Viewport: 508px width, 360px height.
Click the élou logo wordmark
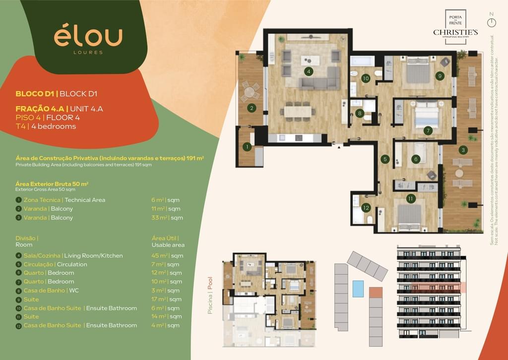pyautogui.click(x=88, y=37)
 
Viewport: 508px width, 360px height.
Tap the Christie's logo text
pyautogui.click(x=455, y=32)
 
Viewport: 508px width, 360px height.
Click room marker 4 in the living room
pyautogui.click(x=309, y=72)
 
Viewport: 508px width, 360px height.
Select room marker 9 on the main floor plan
pyautogui.click(x=440, y=76)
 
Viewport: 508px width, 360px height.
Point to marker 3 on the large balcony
pyautogui.click(x=463, y=149)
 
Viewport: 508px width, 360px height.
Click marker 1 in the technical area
pyautogui.click(x=247, y=147)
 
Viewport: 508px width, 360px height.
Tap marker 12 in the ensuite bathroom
pyautogui.click(x=366, y=208)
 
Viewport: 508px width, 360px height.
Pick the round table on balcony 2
pyautogui.click(x=250, y=92)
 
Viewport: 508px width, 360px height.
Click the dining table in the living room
pyautogui.click(x=298, y=111)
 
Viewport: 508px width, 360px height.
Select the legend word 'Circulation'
pyautogui.click(x=72, y=264)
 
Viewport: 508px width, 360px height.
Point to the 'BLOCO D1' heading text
pyautogui.click(x=35, y=93)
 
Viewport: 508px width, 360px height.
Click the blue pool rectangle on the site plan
pyautogui.click(x=358, y=288)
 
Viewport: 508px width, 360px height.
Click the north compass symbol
pyautogui.click(x=491, y=23)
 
